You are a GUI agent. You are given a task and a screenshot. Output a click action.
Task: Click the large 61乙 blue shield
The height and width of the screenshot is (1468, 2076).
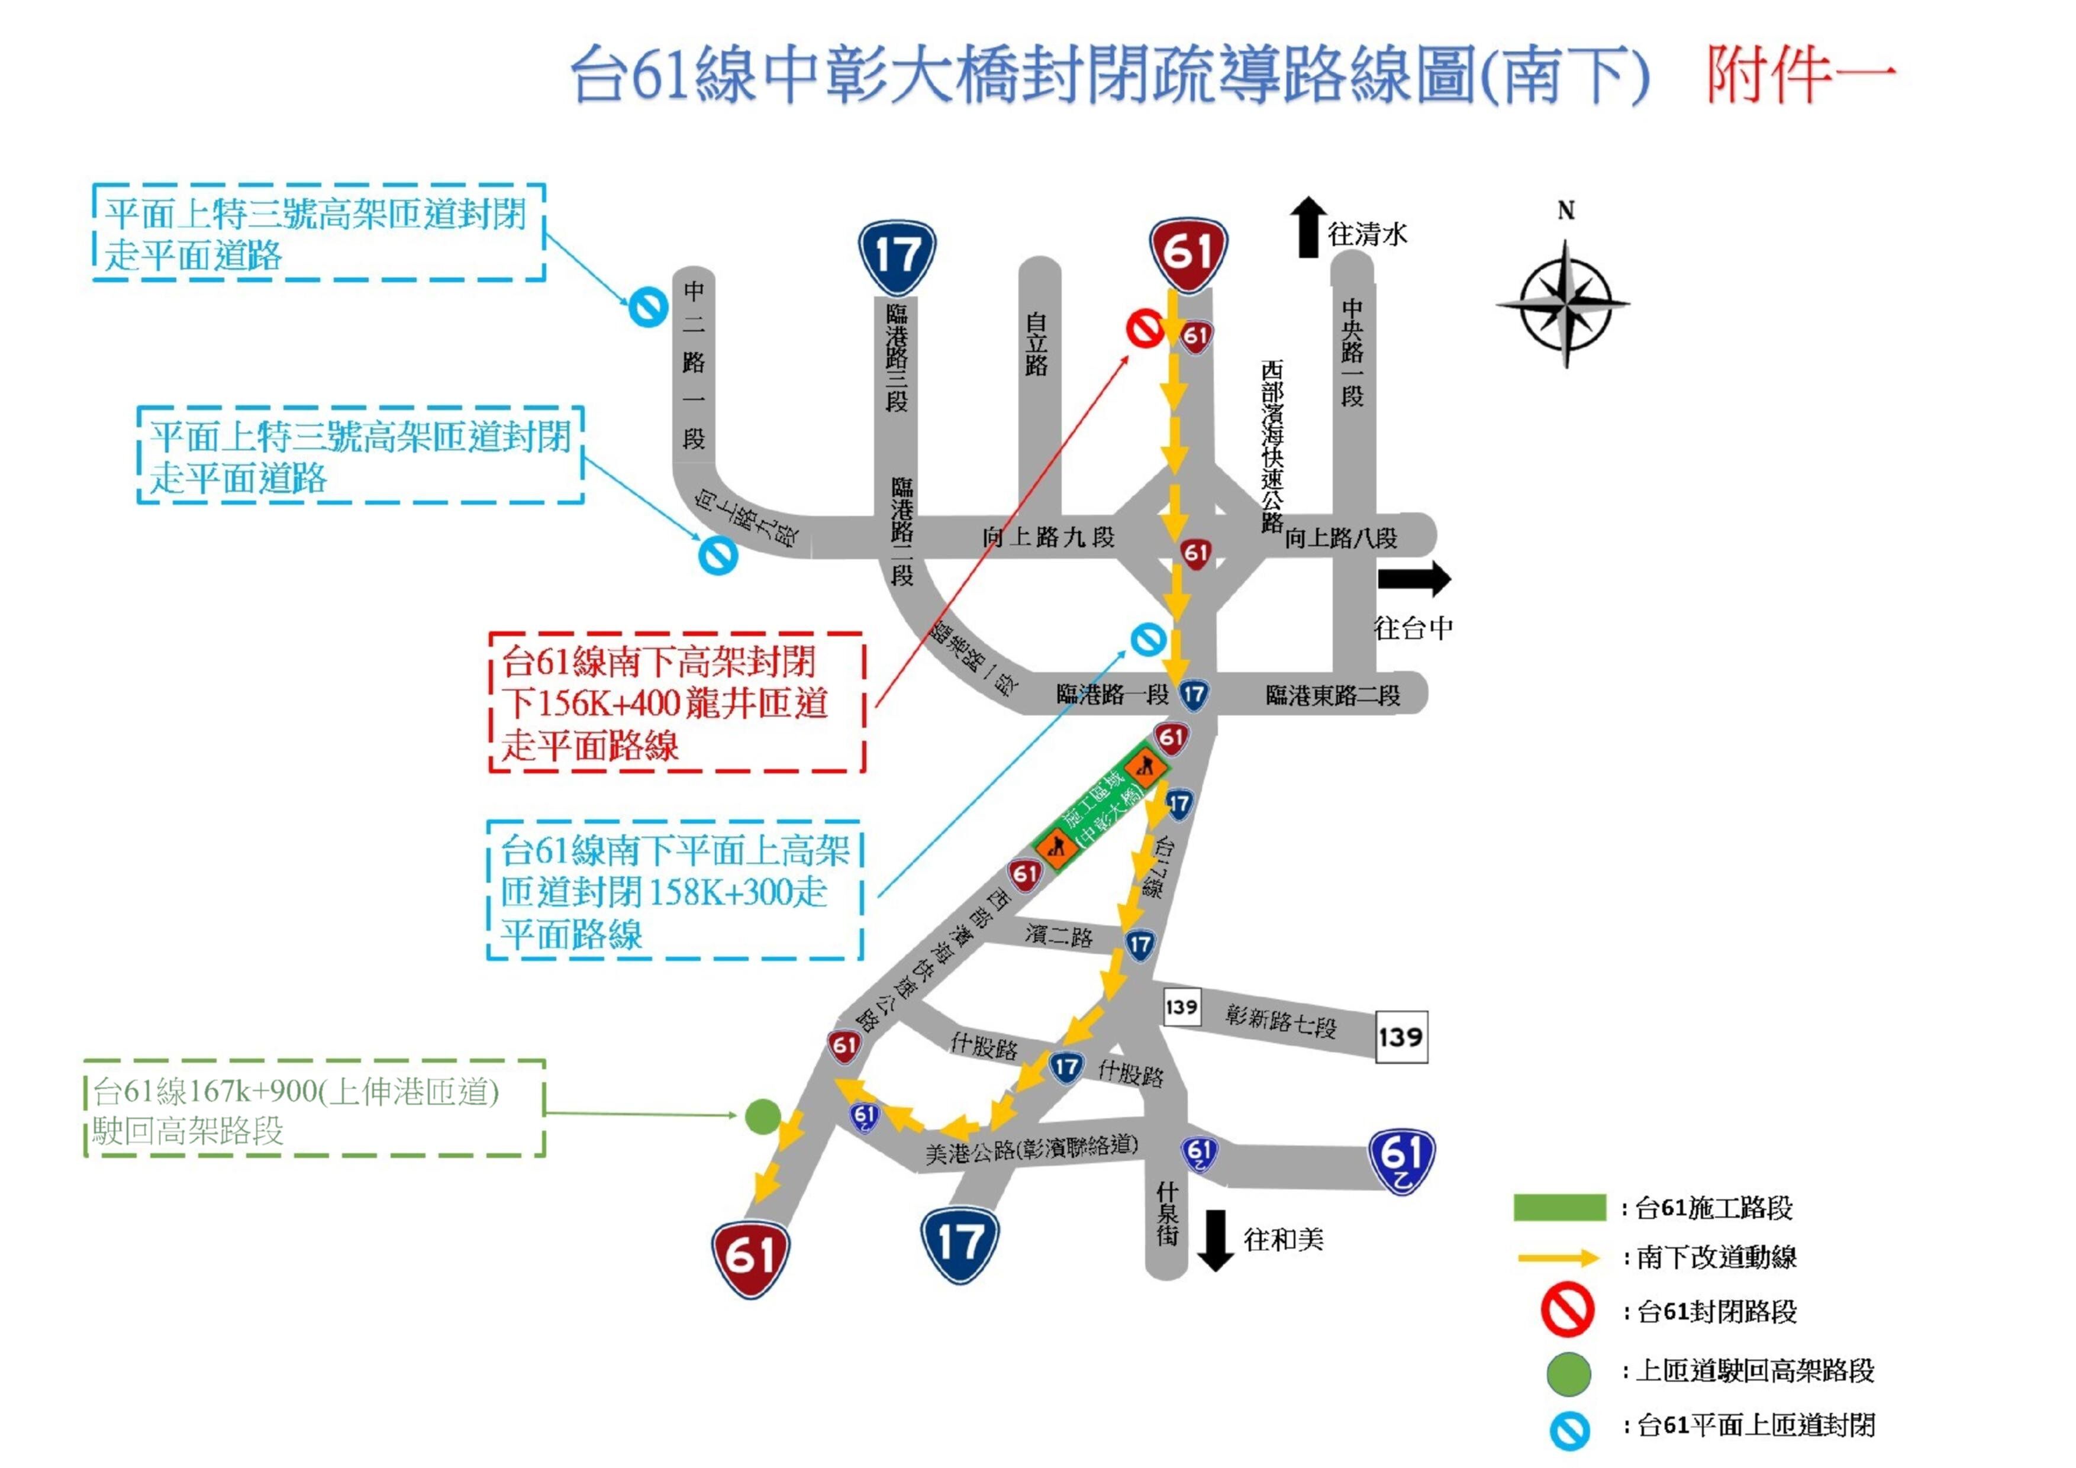[x=1401, y=1161]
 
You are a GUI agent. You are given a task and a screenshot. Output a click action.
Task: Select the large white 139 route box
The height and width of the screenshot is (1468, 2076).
[x=1401, y=1037]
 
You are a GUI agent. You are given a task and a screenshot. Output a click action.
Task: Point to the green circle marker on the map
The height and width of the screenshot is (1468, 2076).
[x=762, y=1117]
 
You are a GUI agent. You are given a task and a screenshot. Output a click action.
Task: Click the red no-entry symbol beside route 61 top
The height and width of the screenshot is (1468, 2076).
[x=1145, y=327]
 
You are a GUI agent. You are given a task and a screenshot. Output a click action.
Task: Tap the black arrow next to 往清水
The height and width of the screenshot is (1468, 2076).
[x=1307, y=228]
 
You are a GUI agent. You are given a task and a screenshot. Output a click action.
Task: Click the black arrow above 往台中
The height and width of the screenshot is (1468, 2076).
[x=1413, y=579]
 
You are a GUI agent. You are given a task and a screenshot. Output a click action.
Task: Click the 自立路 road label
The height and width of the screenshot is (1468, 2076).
[x=1036, y=344]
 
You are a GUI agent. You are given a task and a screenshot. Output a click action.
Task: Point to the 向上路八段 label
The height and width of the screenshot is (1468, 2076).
[x=1341, y=539]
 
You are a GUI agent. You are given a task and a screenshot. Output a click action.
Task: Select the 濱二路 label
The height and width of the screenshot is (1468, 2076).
[x=1059, y=935]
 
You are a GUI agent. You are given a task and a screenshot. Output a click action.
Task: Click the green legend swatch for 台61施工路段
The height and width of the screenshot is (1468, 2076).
[x=1560, y=1208]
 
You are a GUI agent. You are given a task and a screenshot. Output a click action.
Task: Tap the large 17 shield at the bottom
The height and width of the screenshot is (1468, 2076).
[x=959, y=1244]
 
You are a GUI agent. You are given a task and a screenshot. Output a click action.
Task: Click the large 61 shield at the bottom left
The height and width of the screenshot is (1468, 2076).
[x=750, y=1257]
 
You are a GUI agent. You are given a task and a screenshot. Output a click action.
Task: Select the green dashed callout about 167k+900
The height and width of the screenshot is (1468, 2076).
[x=315, y=1109]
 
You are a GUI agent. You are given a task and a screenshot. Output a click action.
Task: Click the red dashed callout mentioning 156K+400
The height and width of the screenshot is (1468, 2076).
[x=676, y=702]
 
